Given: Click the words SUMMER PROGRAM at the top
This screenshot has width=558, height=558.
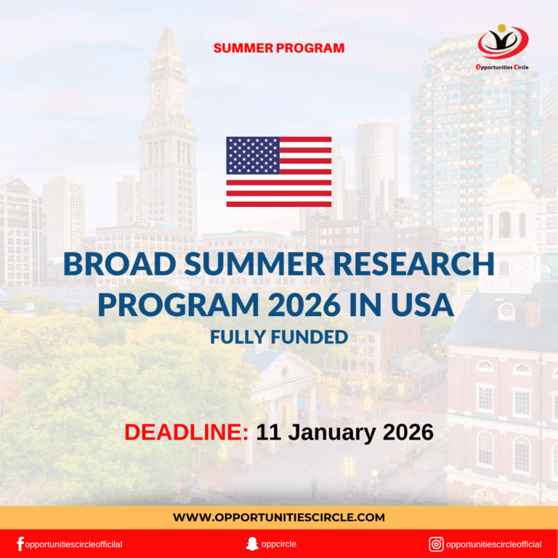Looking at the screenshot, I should click(279, 49).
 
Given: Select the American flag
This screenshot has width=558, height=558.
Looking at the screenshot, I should click(279, 172).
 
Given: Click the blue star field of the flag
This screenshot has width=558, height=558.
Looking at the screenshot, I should click(253, 155).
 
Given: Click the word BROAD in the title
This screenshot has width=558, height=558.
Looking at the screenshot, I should click(117, 264).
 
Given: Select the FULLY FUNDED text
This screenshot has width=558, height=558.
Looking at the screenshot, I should click(279, 337).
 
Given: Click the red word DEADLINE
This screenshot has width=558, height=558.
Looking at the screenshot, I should click(186, 432).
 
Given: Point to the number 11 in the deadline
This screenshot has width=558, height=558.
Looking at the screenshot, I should click(268, 432).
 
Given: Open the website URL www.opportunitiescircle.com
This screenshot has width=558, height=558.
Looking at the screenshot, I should click(279, 517).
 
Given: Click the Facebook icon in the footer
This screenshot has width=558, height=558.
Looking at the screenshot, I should click(20, 544).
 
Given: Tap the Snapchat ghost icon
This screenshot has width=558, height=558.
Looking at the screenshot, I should click(252, 544).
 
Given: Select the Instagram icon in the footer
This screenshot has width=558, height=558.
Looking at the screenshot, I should click(436, 544).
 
